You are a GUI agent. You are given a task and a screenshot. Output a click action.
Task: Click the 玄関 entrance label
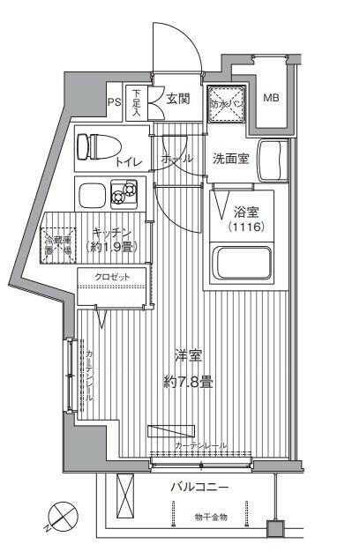point(177,99)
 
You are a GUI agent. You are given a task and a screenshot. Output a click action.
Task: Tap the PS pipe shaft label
point(114,101)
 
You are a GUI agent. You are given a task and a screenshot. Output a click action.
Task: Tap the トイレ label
point(128,163)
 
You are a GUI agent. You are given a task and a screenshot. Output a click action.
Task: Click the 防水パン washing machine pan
point(226,103)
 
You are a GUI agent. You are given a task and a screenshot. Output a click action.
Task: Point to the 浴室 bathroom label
point(246,212)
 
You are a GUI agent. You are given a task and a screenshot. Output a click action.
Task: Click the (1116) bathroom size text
point(246,227)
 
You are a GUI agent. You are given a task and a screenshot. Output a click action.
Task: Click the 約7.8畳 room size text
point(187,382)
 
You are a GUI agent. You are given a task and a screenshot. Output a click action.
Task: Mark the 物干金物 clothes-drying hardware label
point(210,517)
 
